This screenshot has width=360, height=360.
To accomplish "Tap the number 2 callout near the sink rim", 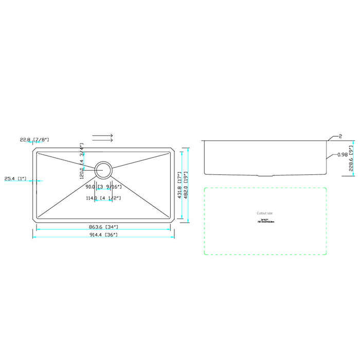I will [340, 136].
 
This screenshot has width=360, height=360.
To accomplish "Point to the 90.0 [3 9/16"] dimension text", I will [103, 186].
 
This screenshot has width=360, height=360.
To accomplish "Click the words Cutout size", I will [265, 213].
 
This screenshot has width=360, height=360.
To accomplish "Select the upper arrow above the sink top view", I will [103, 136].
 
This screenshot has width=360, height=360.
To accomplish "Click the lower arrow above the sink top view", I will [103, 139].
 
